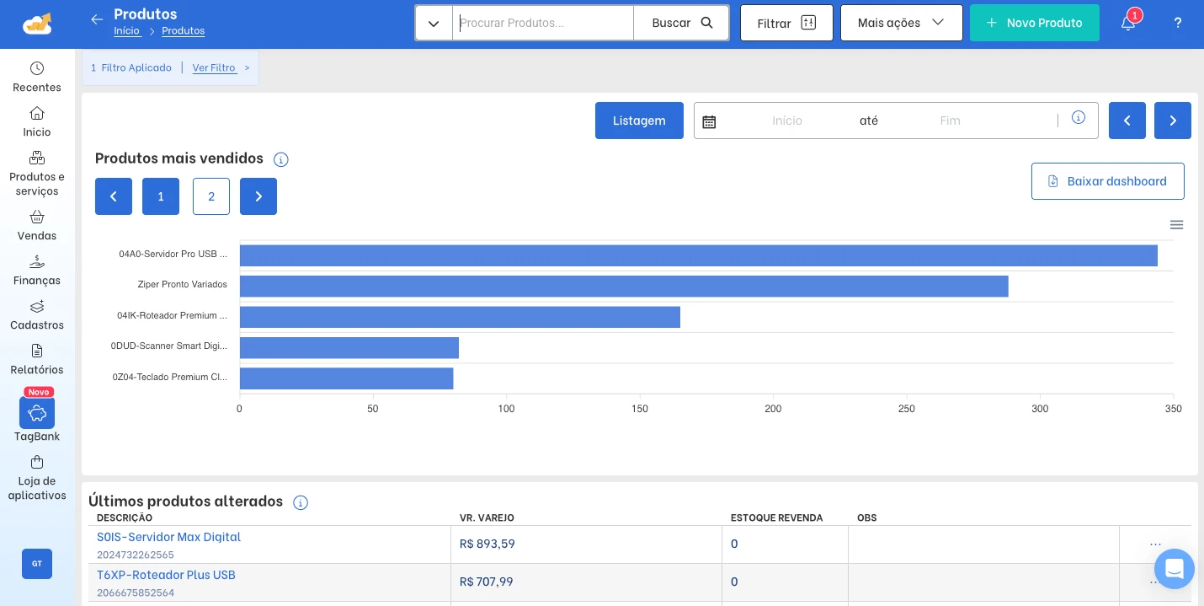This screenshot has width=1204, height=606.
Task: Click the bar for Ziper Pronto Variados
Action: coord(624,287)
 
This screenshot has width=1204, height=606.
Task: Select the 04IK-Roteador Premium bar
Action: coord(460,317)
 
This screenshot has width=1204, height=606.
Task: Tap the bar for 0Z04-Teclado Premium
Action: coord(346,378)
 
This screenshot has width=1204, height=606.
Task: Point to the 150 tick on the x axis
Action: coord(640,409)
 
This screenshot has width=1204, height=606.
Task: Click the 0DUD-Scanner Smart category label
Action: coord(168,346)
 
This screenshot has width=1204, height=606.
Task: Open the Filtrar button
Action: coord(786,23)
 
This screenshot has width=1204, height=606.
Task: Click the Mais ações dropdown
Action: coord(902,23)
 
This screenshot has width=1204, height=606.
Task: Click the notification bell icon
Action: coord(1127,23)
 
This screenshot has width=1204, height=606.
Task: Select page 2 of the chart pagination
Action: coord(211,196)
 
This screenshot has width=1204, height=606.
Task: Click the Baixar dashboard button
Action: coord(1107,181)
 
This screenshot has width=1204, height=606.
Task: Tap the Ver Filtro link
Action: coord(214,67)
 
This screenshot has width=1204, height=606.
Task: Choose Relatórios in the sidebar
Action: coord(36,360)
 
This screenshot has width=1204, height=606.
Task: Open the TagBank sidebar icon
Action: coord(36,413)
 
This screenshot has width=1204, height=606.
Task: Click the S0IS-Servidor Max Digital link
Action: coord(168,537)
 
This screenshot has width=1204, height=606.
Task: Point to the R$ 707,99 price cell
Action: coord(486,582)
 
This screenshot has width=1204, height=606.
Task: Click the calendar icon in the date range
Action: coord(709,121)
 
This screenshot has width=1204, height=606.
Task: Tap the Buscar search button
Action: coord(681,23)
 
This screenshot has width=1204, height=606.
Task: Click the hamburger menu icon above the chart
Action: coord(1176,224)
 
